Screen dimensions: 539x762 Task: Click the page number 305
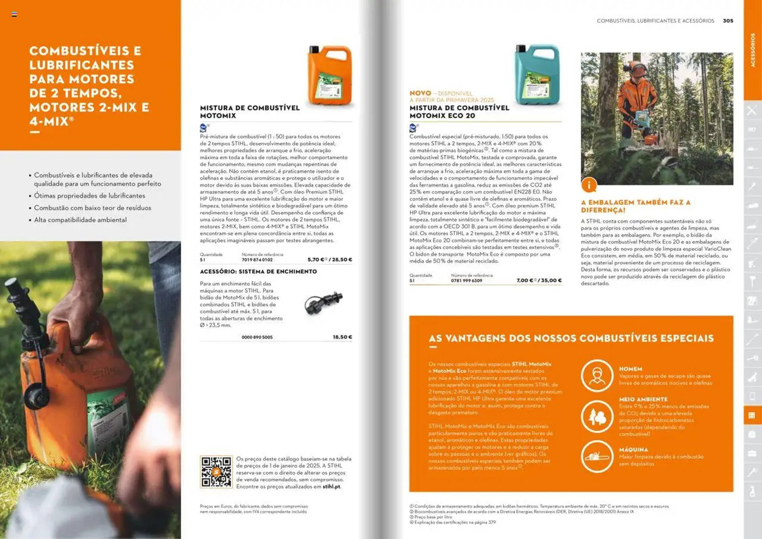tap(728, 20)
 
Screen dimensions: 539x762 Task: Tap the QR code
tap(216, 472)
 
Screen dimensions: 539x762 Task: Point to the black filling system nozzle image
tap(323, 302)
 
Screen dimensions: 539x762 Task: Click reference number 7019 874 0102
tap(257, 260)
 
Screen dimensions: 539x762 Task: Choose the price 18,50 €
tap(342, 337)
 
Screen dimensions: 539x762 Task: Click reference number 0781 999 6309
tap(466, 281)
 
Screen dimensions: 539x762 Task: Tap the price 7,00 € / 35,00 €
tap(539, 280)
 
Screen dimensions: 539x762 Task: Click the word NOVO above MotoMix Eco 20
tap(420, 93)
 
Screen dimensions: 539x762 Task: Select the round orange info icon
tap(589, 185)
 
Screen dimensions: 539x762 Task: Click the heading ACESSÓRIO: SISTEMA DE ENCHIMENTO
tap(258, 271)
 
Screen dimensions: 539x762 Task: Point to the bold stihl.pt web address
tap(331, 486)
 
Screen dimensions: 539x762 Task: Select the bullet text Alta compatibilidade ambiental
tap(80, 220)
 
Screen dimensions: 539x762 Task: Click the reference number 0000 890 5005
tap(257, 337)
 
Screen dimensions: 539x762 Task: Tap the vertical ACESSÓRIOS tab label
tap(752, 50)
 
